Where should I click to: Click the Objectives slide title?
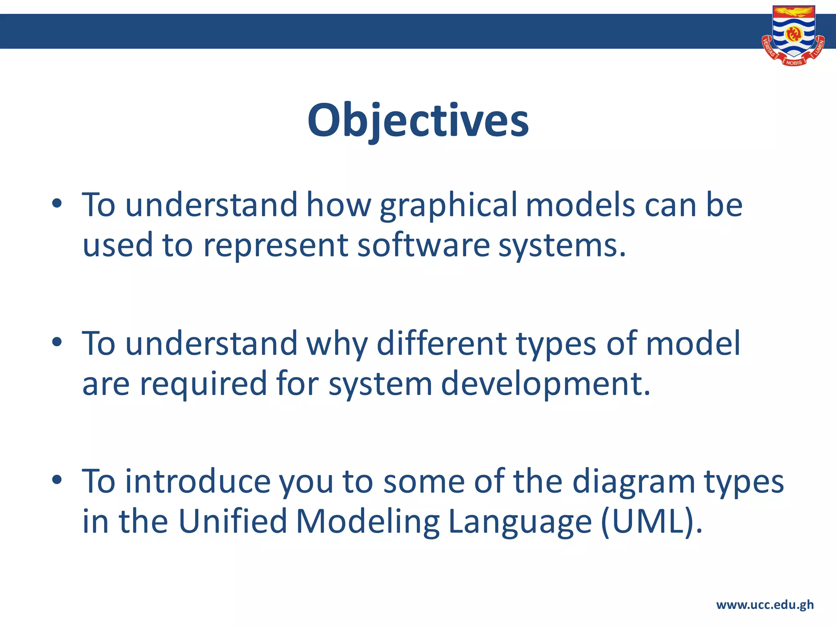point(418,121)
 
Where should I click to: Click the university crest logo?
point(793,35)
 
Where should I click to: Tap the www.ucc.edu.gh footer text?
point(765,605)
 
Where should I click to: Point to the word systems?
point(561,246)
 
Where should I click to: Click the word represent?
point(276,246)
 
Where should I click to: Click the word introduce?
point(198,482)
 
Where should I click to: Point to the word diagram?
point(633,482)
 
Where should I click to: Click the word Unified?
point(233,522)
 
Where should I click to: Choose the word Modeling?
point(368,522)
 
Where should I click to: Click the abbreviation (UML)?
point(651,522)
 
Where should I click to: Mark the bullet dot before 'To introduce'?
point(57,480)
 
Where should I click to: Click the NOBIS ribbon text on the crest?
point(794,63)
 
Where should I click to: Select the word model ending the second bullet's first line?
point(693,344)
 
